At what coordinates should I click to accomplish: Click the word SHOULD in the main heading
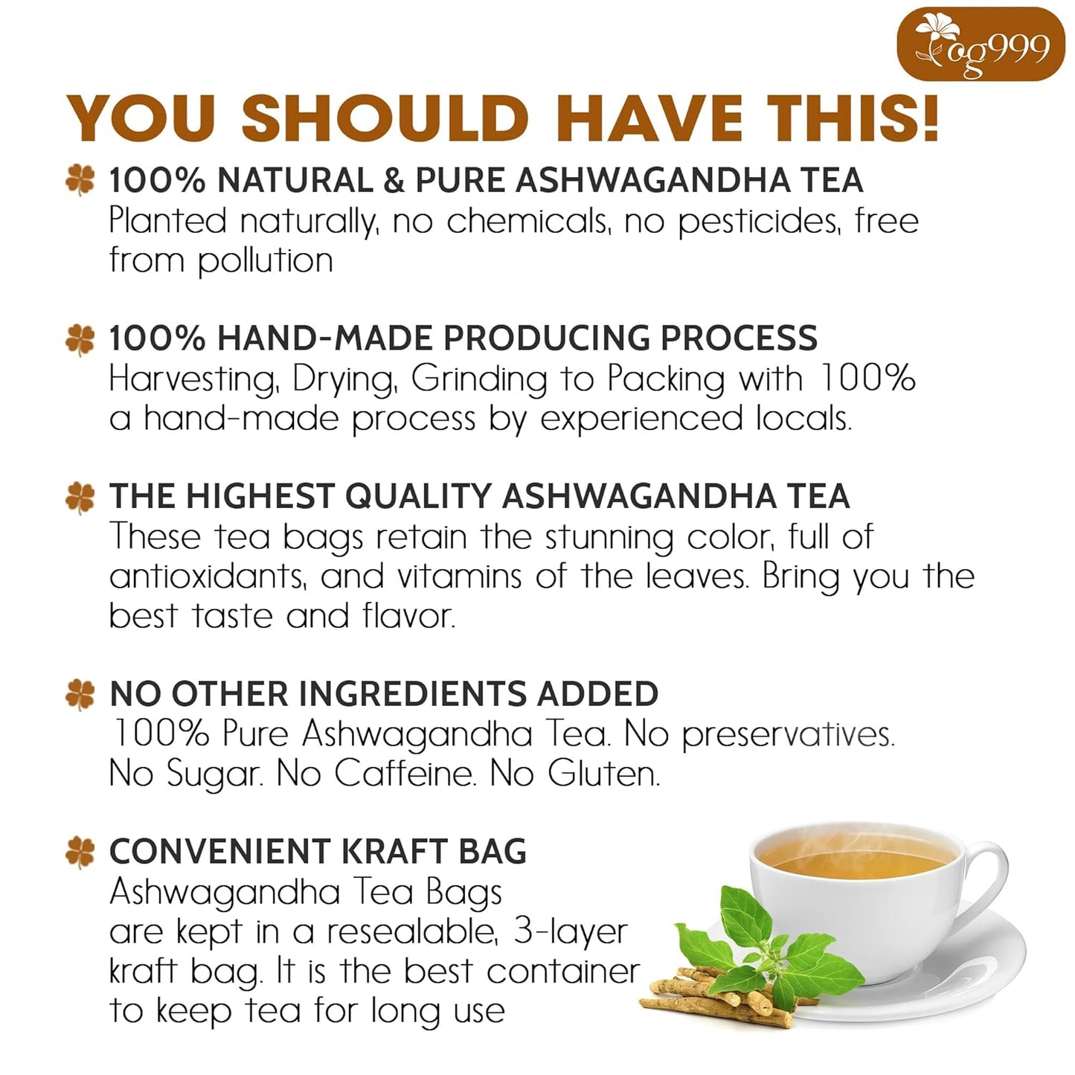tap(385, 118)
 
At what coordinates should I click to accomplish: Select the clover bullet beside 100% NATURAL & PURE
tap(80, 181)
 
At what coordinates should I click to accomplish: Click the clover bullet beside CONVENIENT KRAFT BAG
tap(80, 852)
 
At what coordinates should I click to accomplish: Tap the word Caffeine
tap(404, 774)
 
